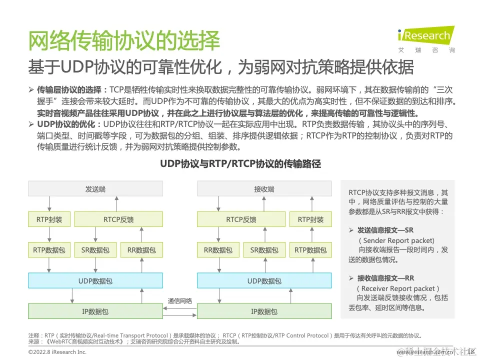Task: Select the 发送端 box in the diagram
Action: click(95, 189)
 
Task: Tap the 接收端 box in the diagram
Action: click(264, 189)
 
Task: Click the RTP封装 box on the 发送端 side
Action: click(49, 219)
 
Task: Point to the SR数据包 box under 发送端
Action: click(95, 250)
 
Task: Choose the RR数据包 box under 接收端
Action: click(218, 250)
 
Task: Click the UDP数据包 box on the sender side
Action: click(95, 281)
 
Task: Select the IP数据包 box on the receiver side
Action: click(264, 311)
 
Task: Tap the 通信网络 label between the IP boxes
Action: click(180, 300)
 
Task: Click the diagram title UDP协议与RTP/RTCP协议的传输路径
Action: click(240, 163)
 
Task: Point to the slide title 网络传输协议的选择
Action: click(124, 41)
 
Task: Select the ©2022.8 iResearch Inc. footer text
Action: click(57, 352)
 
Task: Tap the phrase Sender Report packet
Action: click(398, 240)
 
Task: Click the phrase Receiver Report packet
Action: click(398, 288)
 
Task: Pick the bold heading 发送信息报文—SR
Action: click(385, 230)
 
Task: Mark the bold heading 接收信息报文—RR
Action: click(385, 278)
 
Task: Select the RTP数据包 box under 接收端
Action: click(310, 250)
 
